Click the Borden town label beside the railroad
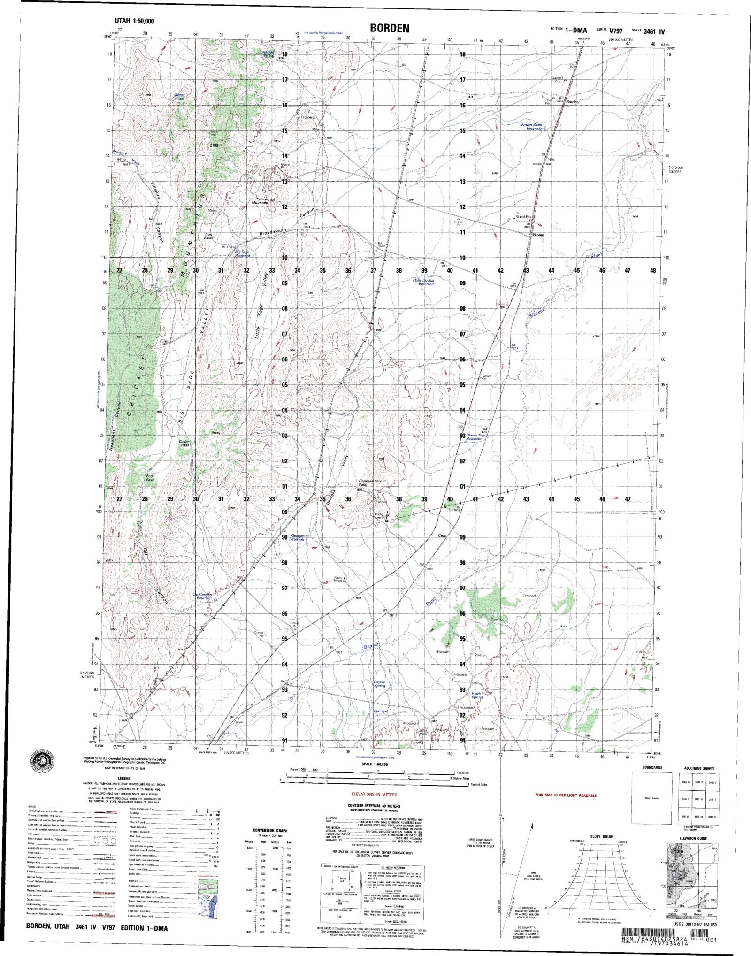click(573, 102)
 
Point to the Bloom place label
click(538, 235)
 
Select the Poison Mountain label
click(260, 200)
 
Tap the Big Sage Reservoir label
click(242, 254)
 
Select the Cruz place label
click(442, 535)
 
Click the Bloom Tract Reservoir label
click(477, 437)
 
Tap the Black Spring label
click(477, 695)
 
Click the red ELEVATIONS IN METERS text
click(375, 795)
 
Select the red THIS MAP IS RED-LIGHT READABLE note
click(566, 795)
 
